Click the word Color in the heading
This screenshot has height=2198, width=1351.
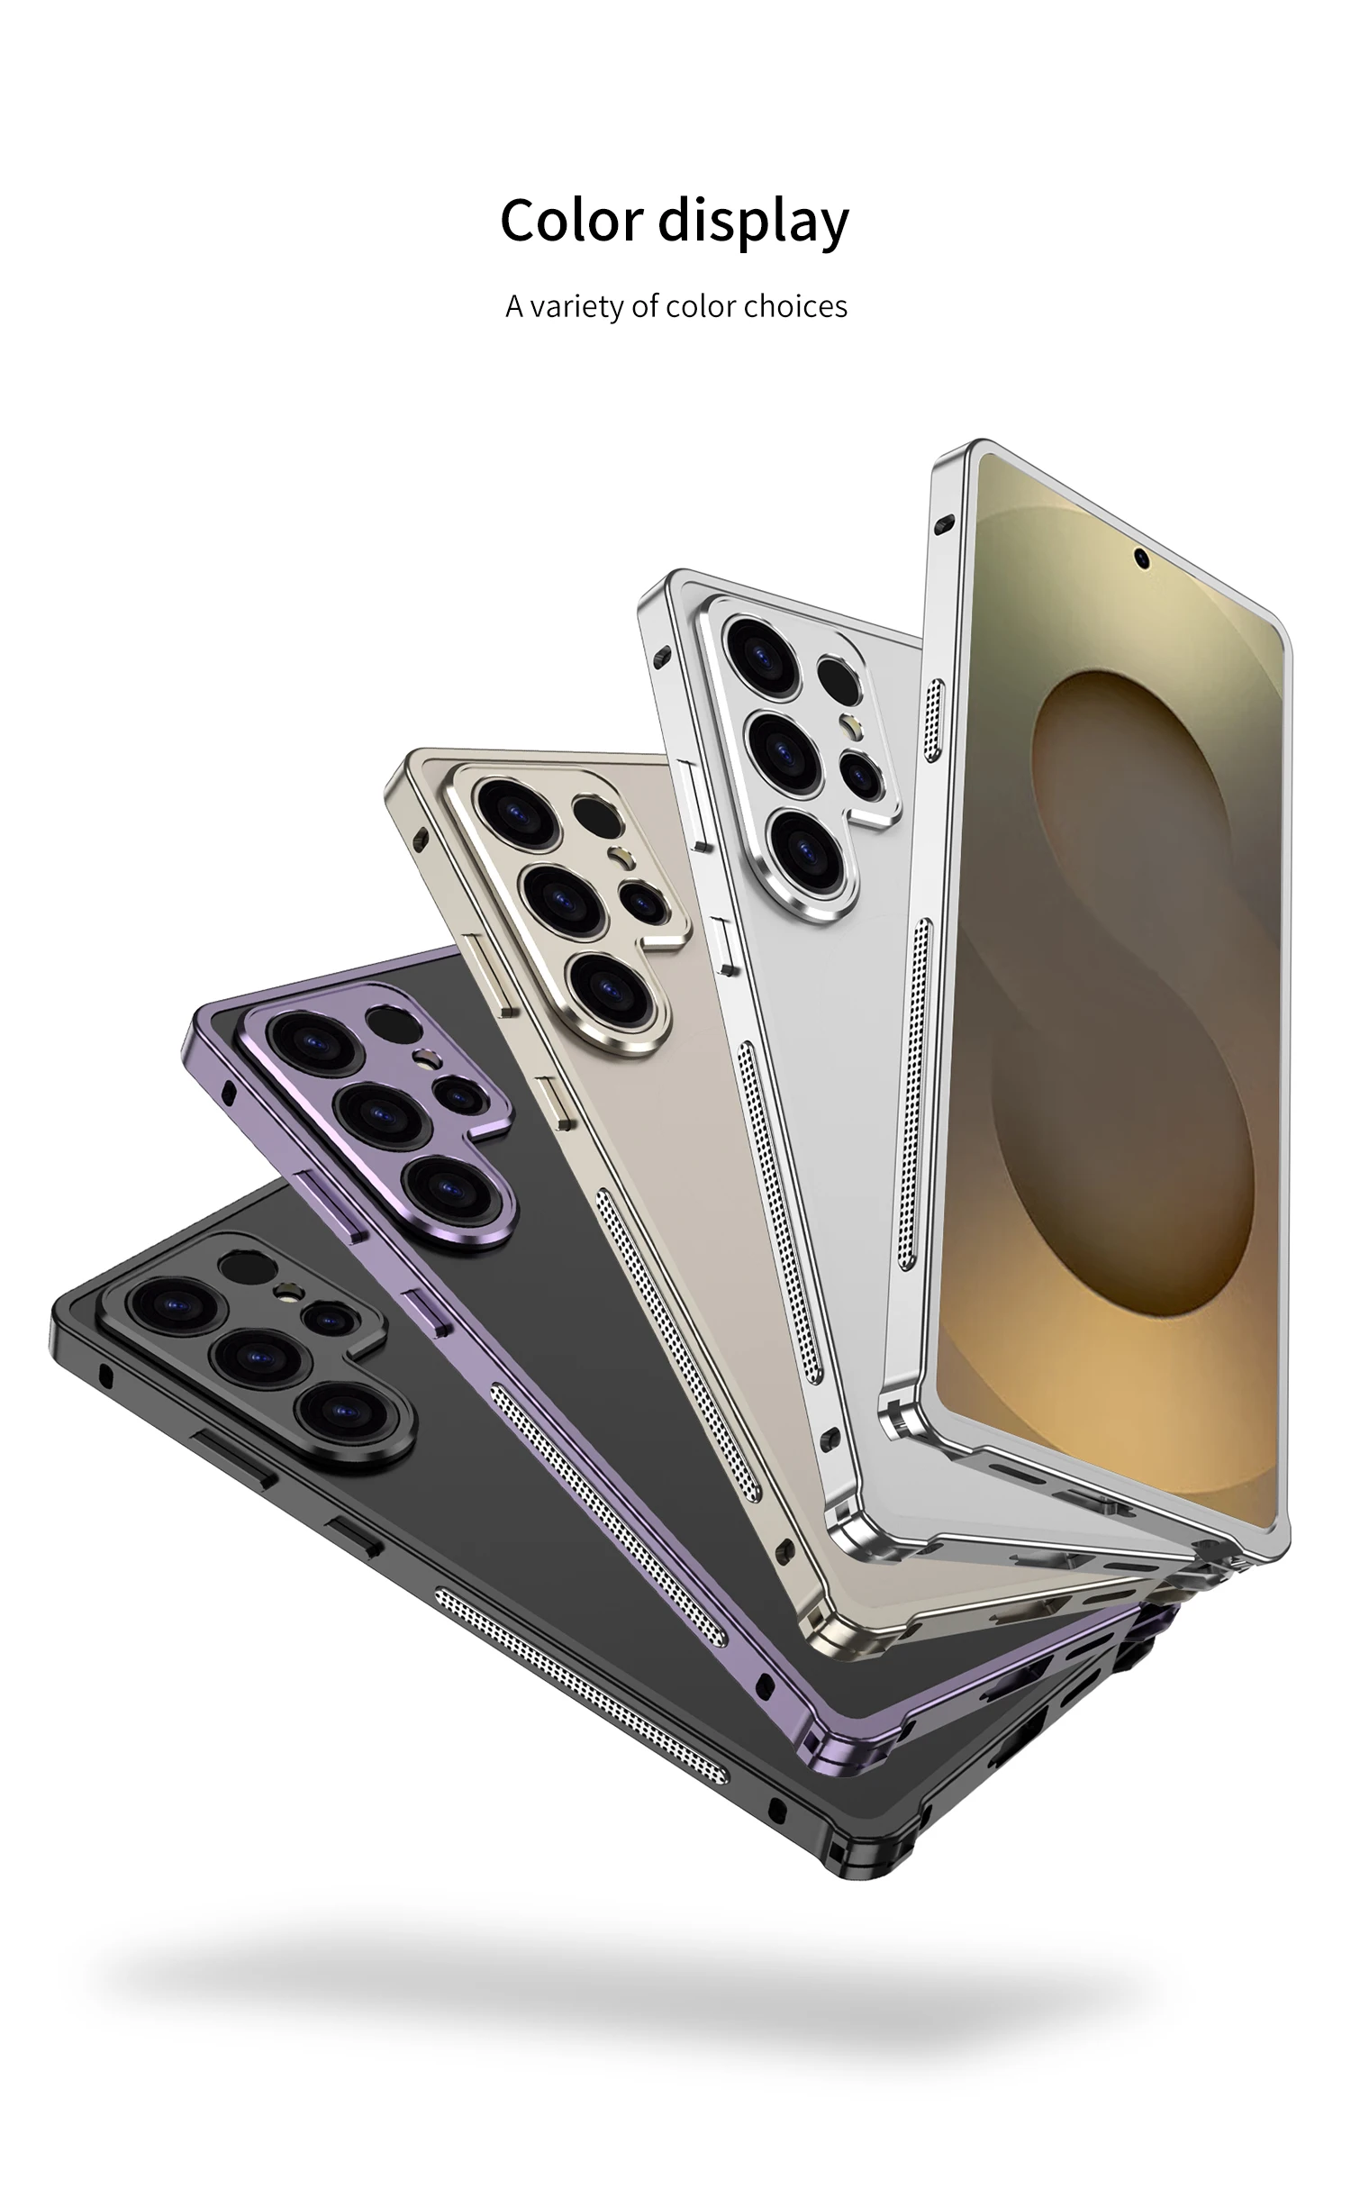click(x=571, y=221)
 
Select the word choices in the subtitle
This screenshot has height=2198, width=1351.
click(x=795, y=306)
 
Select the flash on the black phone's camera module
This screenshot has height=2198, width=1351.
click(x=287, y=1294)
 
